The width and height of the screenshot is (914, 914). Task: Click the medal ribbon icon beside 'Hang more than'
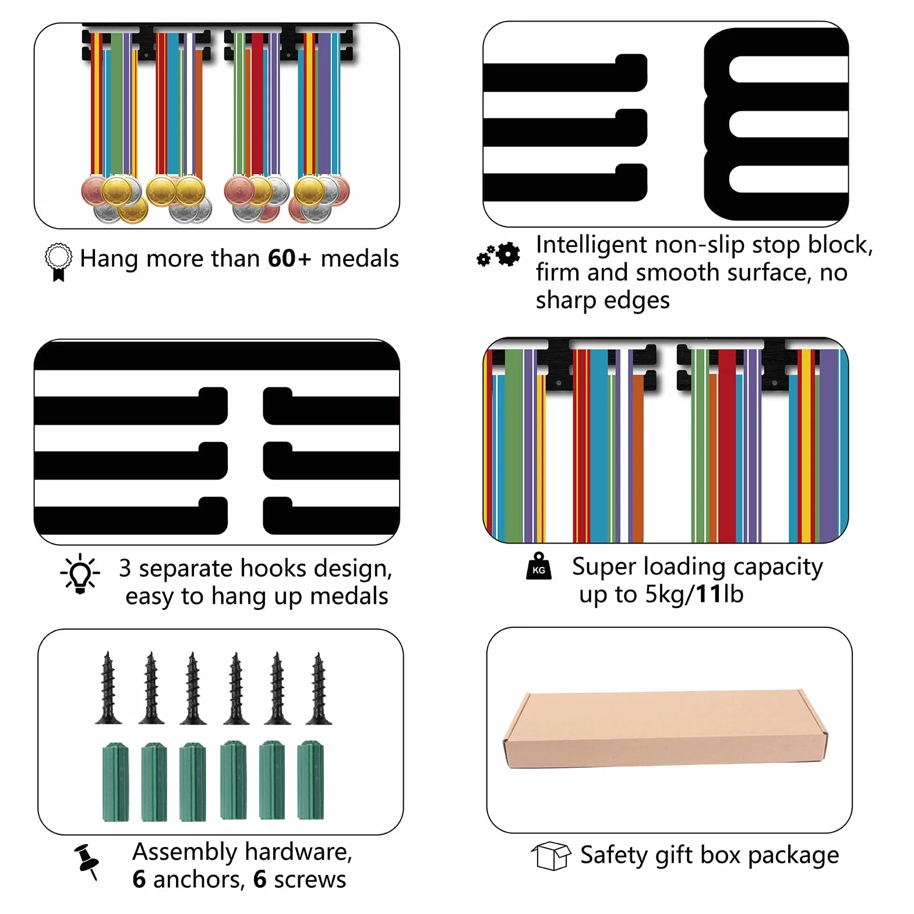(x=58, y=262)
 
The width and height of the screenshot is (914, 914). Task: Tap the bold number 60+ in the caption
(x=290, y=259)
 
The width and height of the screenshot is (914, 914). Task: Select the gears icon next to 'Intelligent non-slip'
(x=499, y=254)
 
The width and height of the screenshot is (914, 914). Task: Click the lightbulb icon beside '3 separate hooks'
(x=80, y=574)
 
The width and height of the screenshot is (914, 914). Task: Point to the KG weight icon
(x=538, y=566)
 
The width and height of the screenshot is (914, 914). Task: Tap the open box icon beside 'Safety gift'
(x=550, y=856)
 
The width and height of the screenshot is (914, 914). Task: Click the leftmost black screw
(x=108, y=689)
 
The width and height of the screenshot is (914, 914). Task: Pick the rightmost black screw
(x=318, y=689)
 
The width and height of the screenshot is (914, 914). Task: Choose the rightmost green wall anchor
(x=310, y=781)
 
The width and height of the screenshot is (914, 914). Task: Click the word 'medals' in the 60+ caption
(x=359, y=259)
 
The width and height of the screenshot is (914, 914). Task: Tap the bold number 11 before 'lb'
(x=708, y=594)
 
